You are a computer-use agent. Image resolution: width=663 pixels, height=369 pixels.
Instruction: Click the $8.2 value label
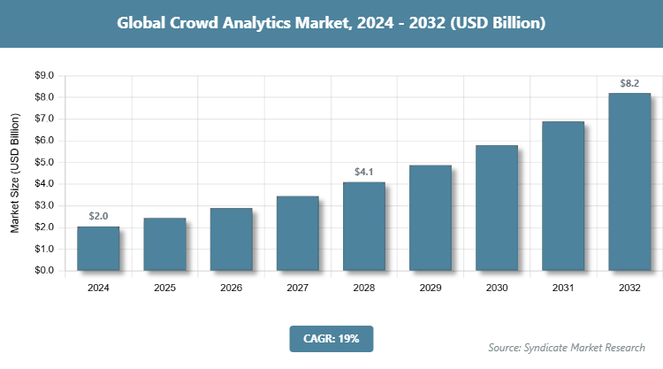[629, 84]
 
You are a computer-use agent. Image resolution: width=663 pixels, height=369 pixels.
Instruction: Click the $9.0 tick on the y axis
[44, 75]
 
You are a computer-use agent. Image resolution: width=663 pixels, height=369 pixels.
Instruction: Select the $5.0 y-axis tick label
[44, 162]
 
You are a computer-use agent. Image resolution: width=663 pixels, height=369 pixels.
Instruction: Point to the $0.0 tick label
[44, 271]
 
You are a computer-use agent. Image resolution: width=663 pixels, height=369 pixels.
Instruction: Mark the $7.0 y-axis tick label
[44, 119]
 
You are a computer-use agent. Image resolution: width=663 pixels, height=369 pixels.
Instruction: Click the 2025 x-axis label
[164, 288]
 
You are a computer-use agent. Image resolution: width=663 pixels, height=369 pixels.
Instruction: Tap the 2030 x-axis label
[497, 288]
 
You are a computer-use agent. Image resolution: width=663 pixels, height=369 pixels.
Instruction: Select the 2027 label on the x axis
[297, 288]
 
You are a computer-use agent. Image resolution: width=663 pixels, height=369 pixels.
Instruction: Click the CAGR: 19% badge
[331, 338]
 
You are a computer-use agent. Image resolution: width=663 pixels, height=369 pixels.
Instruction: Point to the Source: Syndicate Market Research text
[567, 347]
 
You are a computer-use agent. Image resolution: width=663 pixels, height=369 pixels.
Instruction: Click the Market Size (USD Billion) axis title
[15, 173]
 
